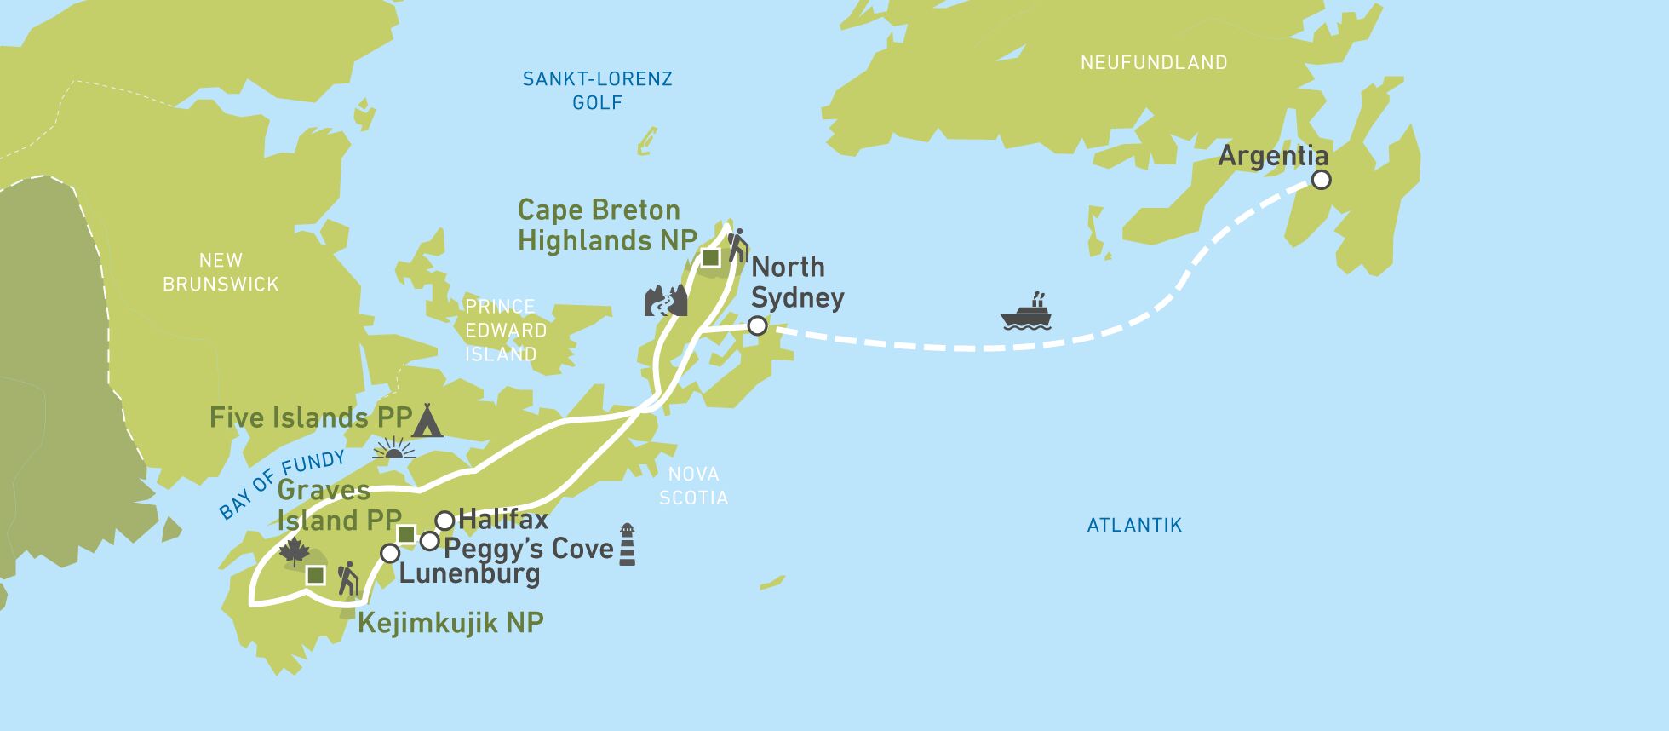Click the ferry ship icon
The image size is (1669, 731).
1025,313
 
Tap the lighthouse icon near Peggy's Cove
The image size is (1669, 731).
627,545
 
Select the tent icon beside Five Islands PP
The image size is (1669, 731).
427,420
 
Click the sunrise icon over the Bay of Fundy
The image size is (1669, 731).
393,449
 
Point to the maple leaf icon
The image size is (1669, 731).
294,552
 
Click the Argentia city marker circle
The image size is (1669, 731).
1321,180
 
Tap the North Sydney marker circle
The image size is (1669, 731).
756,325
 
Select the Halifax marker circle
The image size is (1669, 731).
444,520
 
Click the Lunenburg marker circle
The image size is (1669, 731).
389,553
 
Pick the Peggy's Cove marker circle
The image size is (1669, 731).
429,541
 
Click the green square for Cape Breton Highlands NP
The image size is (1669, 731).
710,257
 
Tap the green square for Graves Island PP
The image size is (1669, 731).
406,534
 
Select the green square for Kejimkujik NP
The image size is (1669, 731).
315,575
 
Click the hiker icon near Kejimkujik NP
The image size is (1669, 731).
348,579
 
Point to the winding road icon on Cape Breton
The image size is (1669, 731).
665,300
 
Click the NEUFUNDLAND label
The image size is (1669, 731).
1154,62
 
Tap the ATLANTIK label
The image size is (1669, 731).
1134,525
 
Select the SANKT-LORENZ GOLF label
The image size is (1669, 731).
597,90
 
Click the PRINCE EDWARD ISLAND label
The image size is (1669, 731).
505,330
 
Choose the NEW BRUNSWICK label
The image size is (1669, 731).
221,272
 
